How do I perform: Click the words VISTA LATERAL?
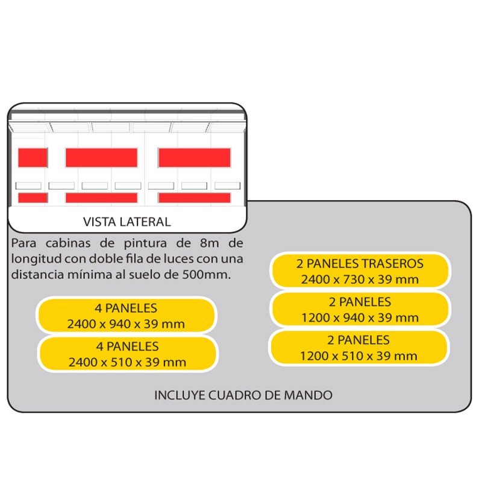point(127,222)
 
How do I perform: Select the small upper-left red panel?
point(33,158)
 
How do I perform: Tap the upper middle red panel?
point(101,158)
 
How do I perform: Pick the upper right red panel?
point(195,158)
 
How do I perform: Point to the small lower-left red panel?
point(33,198)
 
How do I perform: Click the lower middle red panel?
point(101,198)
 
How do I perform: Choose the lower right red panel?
point(195,198)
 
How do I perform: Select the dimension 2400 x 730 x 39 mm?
point(360,280)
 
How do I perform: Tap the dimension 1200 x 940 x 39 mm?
point(360,318)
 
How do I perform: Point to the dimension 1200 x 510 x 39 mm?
point(358,356)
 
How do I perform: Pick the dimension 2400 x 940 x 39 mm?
point(126,324)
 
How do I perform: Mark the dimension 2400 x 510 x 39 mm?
point(127,362)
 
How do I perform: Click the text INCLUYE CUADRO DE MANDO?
point(243,395)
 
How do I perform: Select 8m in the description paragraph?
point(209,243)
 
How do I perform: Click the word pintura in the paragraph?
point(145,243)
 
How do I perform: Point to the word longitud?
point(36,259)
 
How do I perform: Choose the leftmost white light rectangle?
point(28,186)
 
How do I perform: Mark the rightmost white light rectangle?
point(228,186)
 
